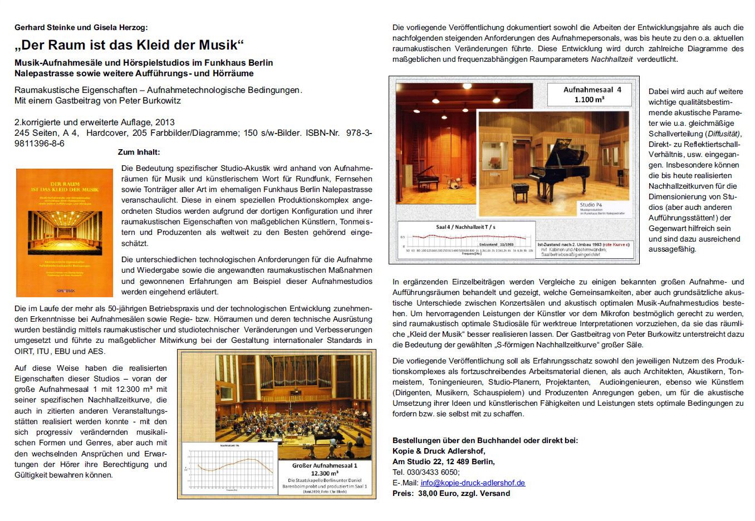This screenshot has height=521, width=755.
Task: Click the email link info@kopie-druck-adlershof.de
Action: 473,483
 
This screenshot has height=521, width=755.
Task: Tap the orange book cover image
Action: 65,232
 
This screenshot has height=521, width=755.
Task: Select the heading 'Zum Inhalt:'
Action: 139,152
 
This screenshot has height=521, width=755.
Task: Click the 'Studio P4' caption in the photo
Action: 591,205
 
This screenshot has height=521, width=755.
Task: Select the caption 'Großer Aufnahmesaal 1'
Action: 325,465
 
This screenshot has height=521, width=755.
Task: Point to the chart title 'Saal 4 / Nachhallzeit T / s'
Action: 465,227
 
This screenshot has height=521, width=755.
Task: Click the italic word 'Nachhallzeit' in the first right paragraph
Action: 611,59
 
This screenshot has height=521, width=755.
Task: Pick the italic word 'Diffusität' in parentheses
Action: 723,134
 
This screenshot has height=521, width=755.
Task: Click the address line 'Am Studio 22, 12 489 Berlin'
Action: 443,461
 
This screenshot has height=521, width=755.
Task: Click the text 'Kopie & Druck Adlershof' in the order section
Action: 438,451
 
